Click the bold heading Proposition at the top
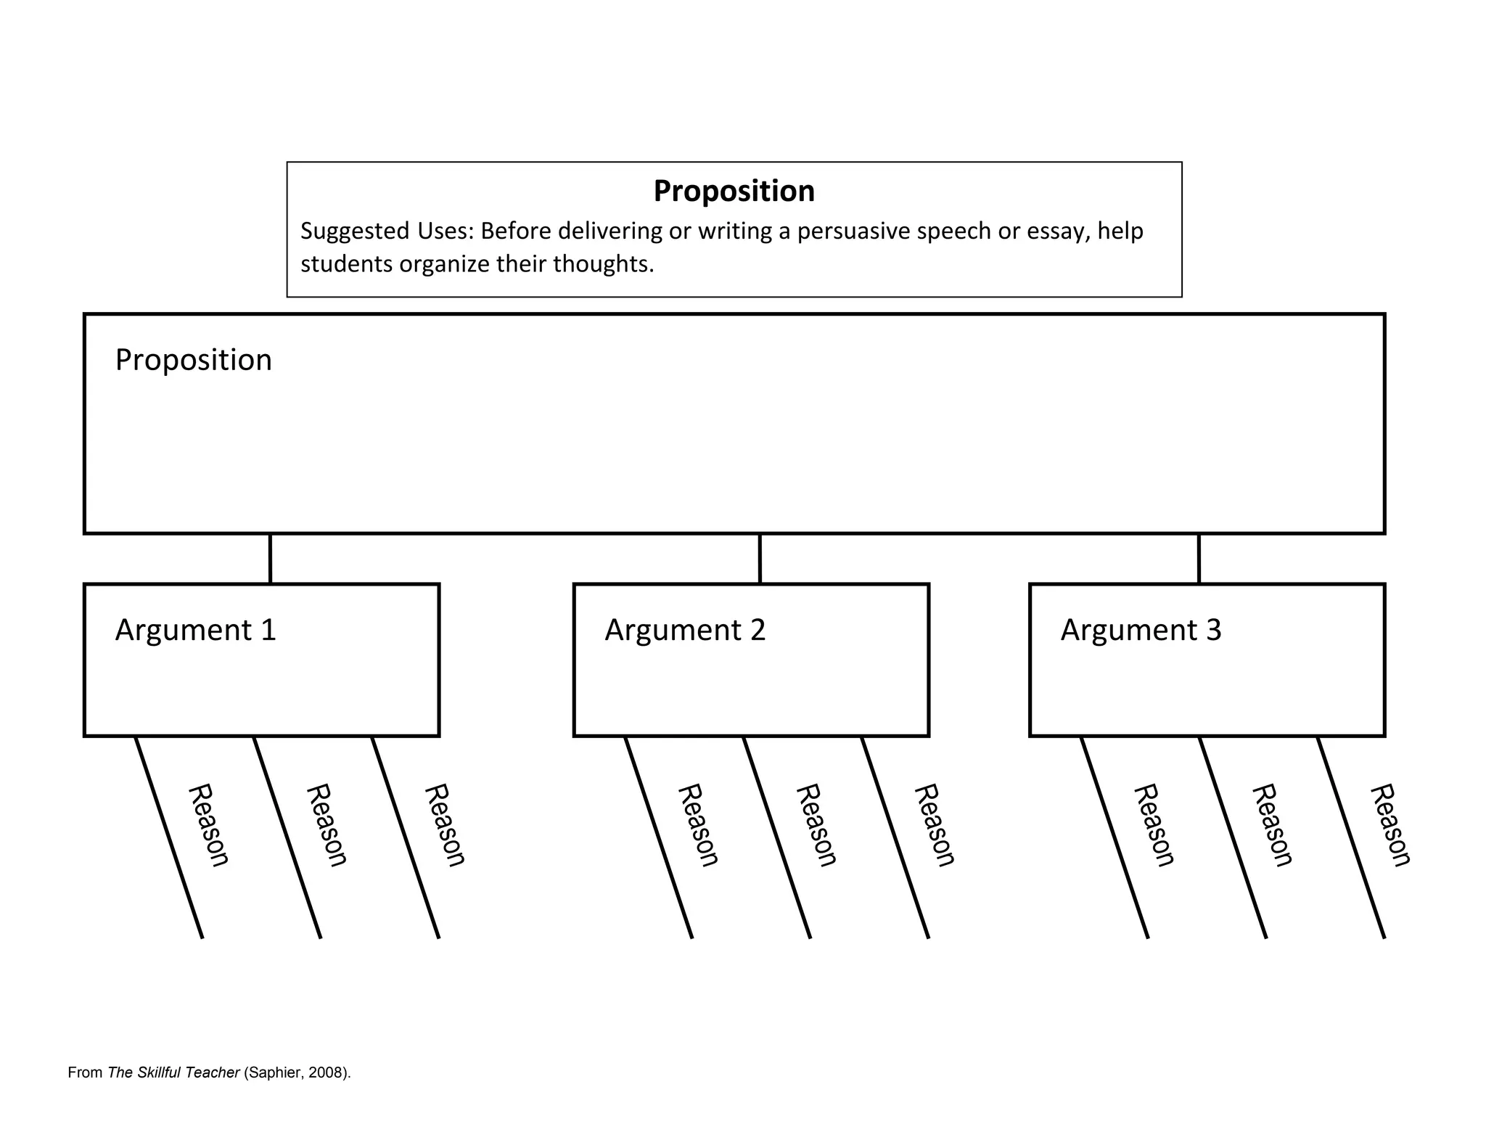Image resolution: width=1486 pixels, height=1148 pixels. (x=734, y=191)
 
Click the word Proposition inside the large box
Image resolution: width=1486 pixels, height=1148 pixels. (x=193, y=360)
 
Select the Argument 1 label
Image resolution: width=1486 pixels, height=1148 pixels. (x=195, y=630)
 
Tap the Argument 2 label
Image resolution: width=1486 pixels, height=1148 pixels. (x=685, y=630)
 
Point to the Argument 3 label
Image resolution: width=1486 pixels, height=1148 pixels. (x=1141, y=630)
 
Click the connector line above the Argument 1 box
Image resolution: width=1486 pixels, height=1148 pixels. (x=270, y=559)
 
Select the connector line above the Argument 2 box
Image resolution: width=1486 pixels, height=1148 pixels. (x=760, y=559)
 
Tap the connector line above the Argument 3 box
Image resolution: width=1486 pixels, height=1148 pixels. (x=1199, y=559)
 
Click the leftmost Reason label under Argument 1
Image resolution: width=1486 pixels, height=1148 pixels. (x=208, y=825)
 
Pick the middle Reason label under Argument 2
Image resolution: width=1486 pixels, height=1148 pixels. (x=816, y=825)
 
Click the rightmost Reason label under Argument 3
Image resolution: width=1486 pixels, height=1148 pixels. (x=1390, y=825)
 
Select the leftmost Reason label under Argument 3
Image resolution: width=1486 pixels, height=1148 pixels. (x=1154, y=825)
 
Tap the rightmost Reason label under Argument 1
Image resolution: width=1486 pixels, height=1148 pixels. (x=444, y=825)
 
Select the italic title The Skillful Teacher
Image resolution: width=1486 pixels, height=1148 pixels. (x=173, y=1073)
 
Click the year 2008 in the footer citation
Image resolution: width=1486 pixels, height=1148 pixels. (x=325, y=1073)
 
